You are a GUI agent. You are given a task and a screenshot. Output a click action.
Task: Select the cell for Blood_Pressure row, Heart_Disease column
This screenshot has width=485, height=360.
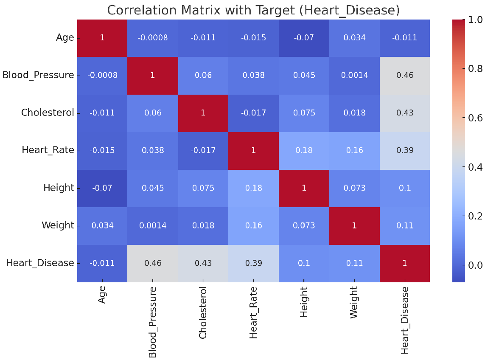point(404,75)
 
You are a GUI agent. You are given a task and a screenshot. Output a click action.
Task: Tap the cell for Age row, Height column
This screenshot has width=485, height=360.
point(304,38)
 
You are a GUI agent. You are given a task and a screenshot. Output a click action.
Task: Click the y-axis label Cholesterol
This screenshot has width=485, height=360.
point(48,113)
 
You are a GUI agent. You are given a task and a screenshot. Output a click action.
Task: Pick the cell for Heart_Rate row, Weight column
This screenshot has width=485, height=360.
point(354,150)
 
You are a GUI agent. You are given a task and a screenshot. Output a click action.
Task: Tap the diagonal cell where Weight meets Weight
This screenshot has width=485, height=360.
point(354,225)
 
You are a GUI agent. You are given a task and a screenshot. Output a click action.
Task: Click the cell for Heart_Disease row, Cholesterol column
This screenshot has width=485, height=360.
point(203,263)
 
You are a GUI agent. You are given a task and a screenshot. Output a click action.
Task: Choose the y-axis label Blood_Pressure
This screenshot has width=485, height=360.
point(38,75)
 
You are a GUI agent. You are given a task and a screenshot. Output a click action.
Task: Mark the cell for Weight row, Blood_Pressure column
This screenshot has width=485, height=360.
point(153,225)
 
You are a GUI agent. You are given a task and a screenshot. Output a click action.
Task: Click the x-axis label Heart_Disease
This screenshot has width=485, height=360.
point(405,320)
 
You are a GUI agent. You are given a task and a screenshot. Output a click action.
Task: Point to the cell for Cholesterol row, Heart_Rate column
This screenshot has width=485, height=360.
point(253,113)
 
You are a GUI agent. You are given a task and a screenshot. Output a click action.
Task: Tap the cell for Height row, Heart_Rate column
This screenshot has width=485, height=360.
point(253,188)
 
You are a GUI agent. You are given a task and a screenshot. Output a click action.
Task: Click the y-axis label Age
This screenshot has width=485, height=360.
point(64,38)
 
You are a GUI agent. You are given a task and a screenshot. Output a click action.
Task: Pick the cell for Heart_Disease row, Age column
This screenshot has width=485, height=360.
point(102,263)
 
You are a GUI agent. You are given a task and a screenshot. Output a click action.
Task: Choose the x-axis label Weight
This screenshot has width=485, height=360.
point(354,302)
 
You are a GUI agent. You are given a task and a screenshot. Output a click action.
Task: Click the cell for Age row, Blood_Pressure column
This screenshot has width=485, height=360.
point(153,38)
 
